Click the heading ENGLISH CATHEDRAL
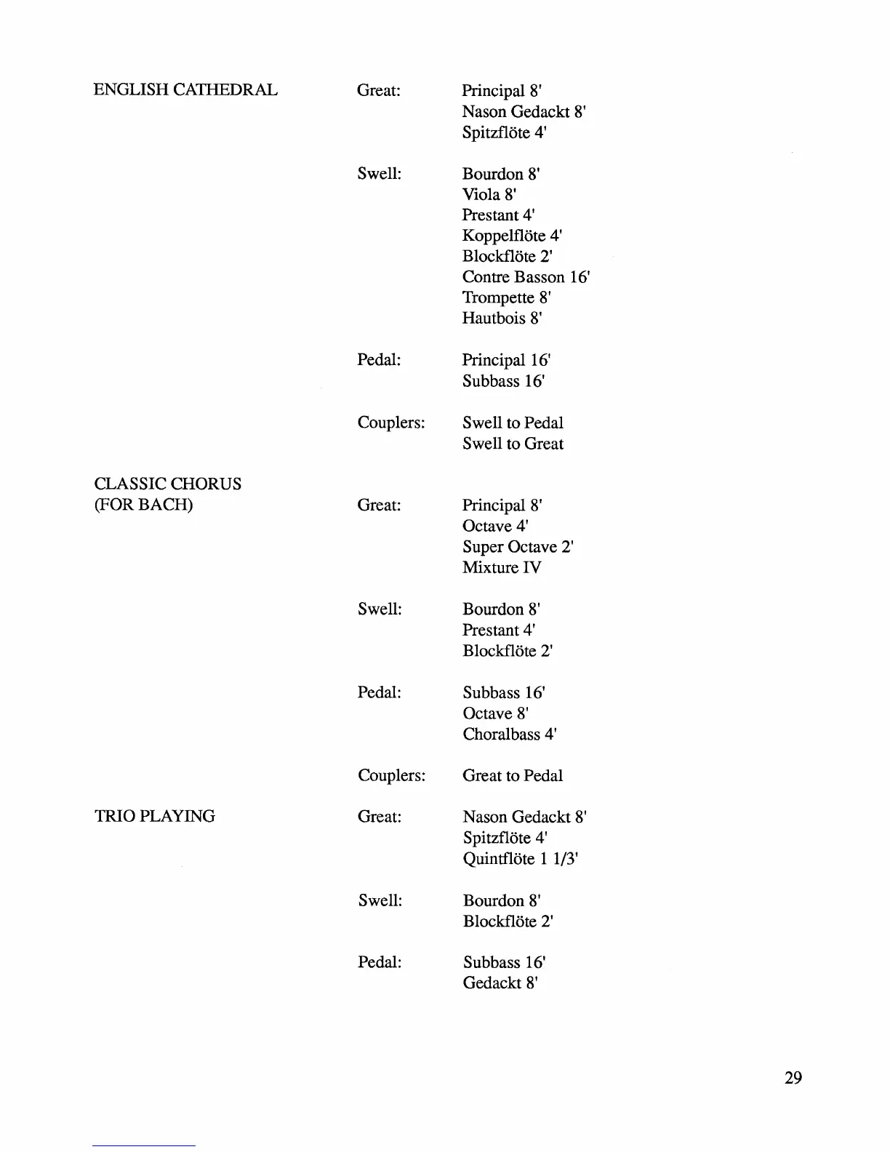coord(185,90)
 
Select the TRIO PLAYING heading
coord(154,816)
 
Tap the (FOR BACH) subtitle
coord(143,505)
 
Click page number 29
coord(793,1077)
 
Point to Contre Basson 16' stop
coord(526,277)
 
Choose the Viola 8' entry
coord(489,194)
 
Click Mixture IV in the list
coord(502,567)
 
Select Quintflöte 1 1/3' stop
coord(521,858)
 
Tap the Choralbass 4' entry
coord(510,734)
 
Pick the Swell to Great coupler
coord(513,444)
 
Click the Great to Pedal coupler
coord(513,775)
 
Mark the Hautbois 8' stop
coord(502,319)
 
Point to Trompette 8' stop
coord(506,297)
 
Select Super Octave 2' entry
coord(518,547)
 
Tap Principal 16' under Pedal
coord(506,360)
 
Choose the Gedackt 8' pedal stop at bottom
coord(500,983)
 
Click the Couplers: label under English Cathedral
coord(391,423)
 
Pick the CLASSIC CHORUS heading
coord(168,484)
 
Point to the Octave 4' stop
coord(495,526)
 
